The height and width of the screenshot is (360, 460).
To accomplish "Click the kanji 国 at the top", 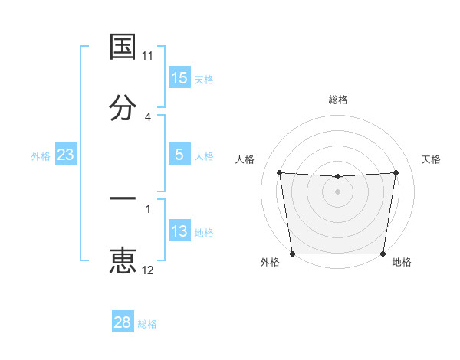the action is pyautogui.click(x=123, y=47).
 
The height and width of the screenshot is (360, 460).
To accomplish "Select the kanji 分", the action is pyautogui.click(x=123, y=107).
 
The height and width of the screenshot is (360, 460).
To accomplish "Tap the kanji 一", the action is pyautogui.click(x=123, y=198).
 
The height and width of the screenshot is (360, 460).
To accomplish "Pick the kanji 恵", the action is pyautogui.click(x=123, y=261).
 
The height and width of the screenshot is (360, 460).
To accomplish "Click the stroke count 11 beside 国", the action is pyautogui.click(x=148, y=56).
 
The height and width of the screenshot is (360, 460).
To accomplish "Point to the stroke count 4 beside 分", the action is pyautogui.click(x=148, y=116).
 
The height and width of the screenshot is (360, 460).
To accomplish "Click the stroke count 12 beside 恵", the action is pyautogui.click(x=148, y=270).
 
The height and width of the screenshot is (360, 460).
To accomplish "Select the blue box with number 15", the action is pyautogui.click(x=179, y=78).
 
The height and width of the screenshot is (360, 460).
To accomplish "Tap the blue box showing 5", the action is pyautogui.click(x=179, y=155).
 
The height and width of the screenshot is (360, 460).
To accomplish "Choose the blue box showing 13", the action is pyautogui.click(x=179, y=231).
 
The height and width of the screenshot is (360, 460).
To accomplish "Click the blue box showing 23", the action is pyautogui.click(x=66, y=155).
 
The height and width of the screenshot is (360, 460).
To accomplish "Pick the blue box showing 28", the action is pyautogui.click(x=123, y=322).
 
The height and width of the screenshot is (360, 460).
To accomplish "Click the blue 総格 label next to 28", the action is pyautogui.click(x=148, y=324).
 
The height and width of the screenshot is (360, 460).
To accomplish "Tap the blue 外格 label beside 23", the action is pyautogui.click(x=41, y=156).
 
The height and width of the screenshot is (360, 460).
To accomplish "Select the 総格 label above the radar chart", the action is pyautogui.click(x=338, y=100).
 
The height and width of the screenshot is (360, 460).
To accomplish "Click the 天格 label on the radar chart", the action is pyautogui.click(x=431, y=159).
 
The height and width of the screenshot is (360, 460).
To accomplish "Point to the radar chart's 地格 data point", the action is pyautogui.click(x=383, y=254).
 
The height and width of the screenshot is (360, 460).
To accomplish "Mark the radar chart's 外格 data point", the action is pyautogui.click(x=292, y=254).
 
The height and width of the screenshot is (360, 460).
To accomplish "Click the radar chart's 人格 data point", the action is pyautogui.click(x=279, y=172).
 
